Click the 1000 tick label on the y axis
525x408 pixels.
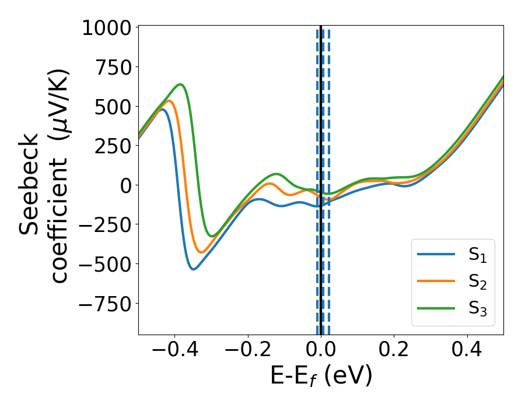(x=107, y=28)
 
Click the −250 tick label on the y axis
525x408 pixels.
(x=107, y=224)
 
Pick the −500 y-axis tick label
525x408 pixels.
(x=107, y=263)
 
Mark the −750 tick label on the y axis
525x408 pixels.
(x=107, y=303)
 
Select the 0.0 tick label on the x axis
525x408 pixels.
(x=321, y=351)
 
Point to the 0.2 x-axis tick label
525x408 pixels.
(x=394, y=351)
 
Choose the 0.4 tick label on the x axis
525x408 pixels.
(x=467, y=351)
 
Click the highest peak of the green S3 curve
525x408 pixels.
(x=181, y=85)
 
